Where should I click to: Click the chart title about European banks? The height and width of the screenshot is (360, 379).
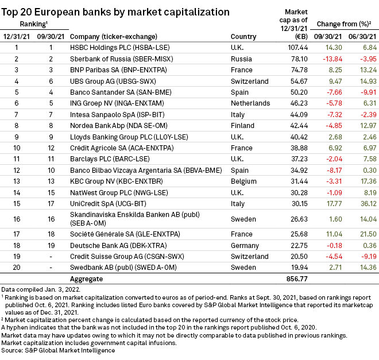115,11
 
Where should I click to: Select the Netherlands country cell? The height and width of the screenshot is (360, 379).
250,103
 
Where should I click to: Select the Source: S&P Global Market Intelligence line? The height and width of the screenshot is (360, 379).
58,350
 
